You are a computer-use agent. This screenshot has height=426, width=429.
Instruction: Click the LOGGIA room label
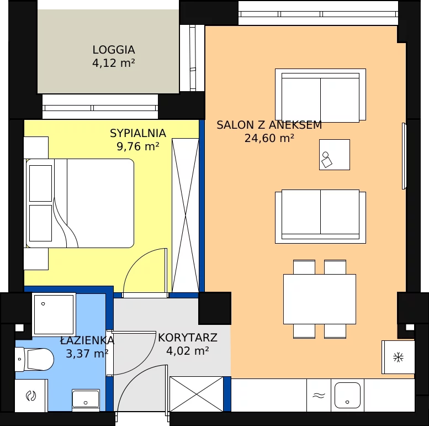click(x=114, y=50)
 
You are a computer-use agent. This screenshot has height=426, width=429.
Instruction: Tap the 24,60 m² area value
click(x=269, y=138)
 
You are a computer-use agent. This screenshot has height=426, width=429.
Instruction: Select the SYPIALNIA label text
click(x=138, y=133)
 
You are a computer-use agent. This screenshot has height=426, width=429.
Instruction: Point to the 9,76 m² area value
click(x=138, y=146)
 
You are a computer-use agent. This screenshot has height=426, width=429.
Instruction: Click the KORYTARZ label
click(x=188, y=338)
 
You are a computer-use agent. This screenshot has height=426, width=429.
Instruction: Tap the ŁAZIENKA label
click(x=87, y=340)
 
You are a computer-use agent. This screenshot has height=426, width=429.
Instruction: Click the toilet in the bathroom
click(x=34, y=359)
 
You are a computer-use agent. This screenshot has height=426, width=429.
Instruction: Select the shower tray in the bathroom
click(x=54, y=314)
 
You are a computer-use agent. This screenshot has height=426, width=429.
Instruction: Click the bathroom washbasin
click(x=86, y=399)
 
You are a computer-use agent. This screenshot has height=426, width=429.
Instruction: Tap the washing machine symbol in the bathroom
click(x=31, y=396)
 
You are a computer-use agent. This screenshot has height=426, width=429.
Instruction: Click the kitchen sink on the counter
click(x=347, y=396)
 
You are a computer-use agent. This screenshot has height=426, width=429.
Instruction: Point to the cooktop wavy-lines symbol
click(x=319, y=396)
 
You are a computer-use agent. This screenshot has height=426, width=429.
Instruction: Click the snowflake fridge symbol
click(x=399, y=357)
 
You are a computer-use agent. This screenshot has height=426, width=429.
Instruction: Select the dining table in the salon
click(x=320, y=299)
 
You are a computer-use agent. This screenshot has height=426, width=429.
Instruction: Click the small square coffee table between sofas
click(x=335, y=155)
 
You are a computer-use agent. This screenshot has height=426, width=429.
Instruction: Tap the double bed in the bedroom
click(x=80, y=203)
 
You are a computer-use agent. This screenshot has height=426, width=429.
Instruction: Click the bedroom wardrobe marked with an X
click(x=186, y=215)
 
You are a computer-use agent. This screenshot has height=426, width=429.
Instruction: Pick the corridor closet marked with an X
click(x=197, y=394)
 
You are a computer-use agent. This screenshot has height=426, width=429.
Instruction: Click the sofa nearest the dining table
click(x=320, y=216)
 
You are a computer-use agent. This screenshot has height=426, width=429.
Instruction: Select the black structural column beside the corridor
click(x=215, y=308)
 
